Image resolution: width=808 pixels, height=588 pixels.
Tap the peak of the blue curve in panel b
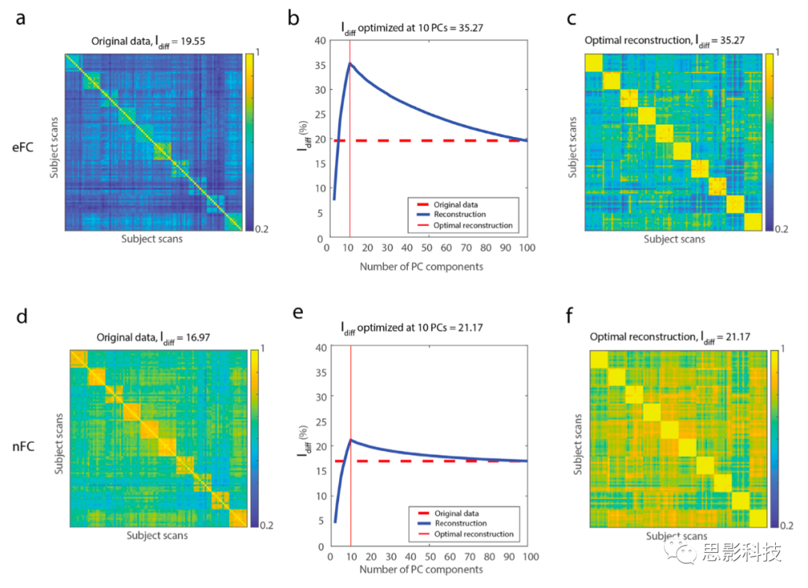[x=349, y=63]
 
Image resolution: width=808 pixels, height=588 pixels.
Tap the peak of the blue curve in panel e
[x=351, y=439]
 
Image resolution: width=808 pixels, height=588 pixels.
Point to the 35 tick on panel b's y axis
[x=319, y=65]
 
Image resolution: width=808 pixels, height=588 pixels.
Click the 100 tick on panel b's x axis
[x=527, y=247]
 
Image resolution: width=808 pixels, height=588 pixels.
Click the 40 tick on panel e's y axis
[x=320, y=348]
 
